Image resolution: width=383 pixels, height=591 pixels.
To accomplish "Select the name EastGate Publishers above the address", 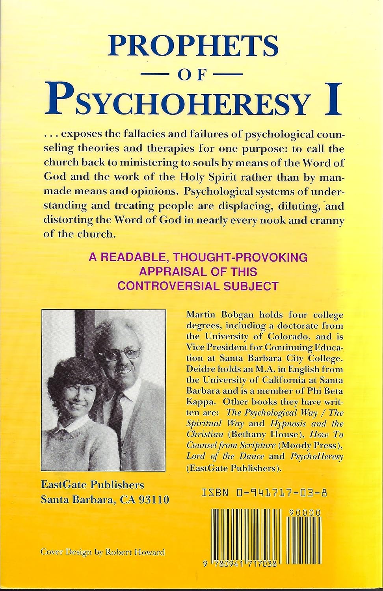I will tap(93, 484).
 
